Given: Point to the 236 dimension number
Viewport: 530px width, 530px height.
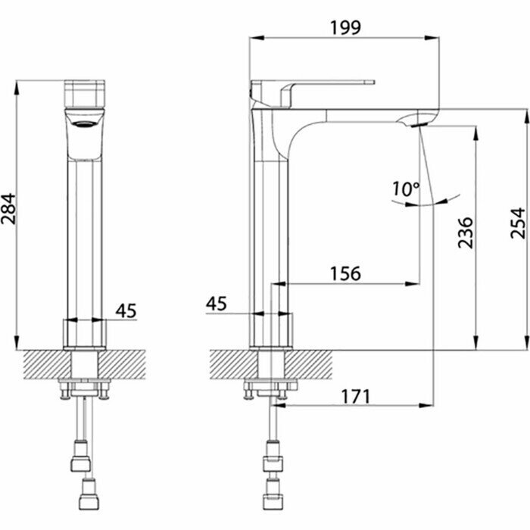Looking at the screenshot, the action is pyautogui.click(x=464, y=232).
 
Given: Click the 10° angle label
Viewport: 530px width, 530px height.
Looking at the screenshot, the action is pyautogui.click(x=406, y=189).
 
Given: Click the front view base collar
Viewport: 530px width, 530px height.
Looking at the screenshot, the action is pyautogui.click(x=85, y=334).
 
